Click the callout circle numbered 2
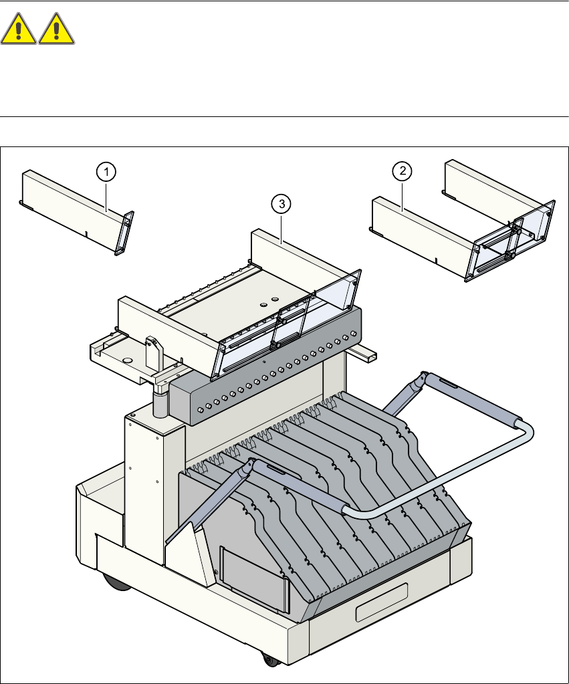(403, 172)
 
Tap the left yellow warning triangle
(18, 31)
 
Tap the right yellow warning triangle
(57, 31)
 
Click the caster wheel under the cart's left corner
(116, 582)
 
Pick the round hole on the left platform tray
(128, 359)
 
